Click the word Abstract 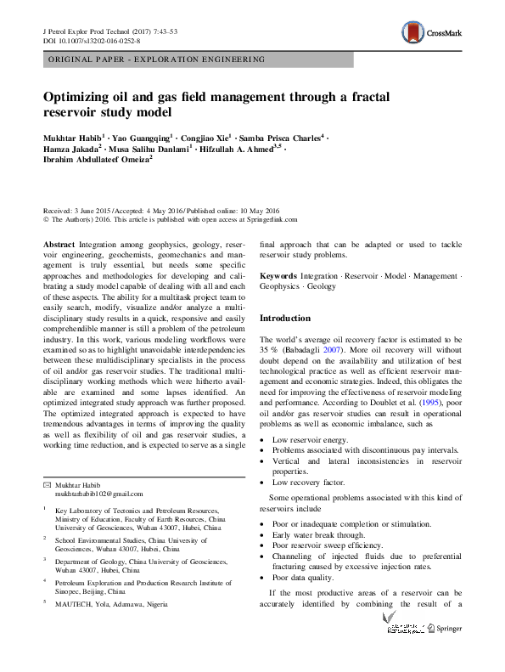[x=59, y=244]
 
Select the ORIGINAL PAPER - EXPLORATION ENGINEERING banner [x=156, y=59]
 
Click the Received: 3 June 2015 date [x=81, y=210]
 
